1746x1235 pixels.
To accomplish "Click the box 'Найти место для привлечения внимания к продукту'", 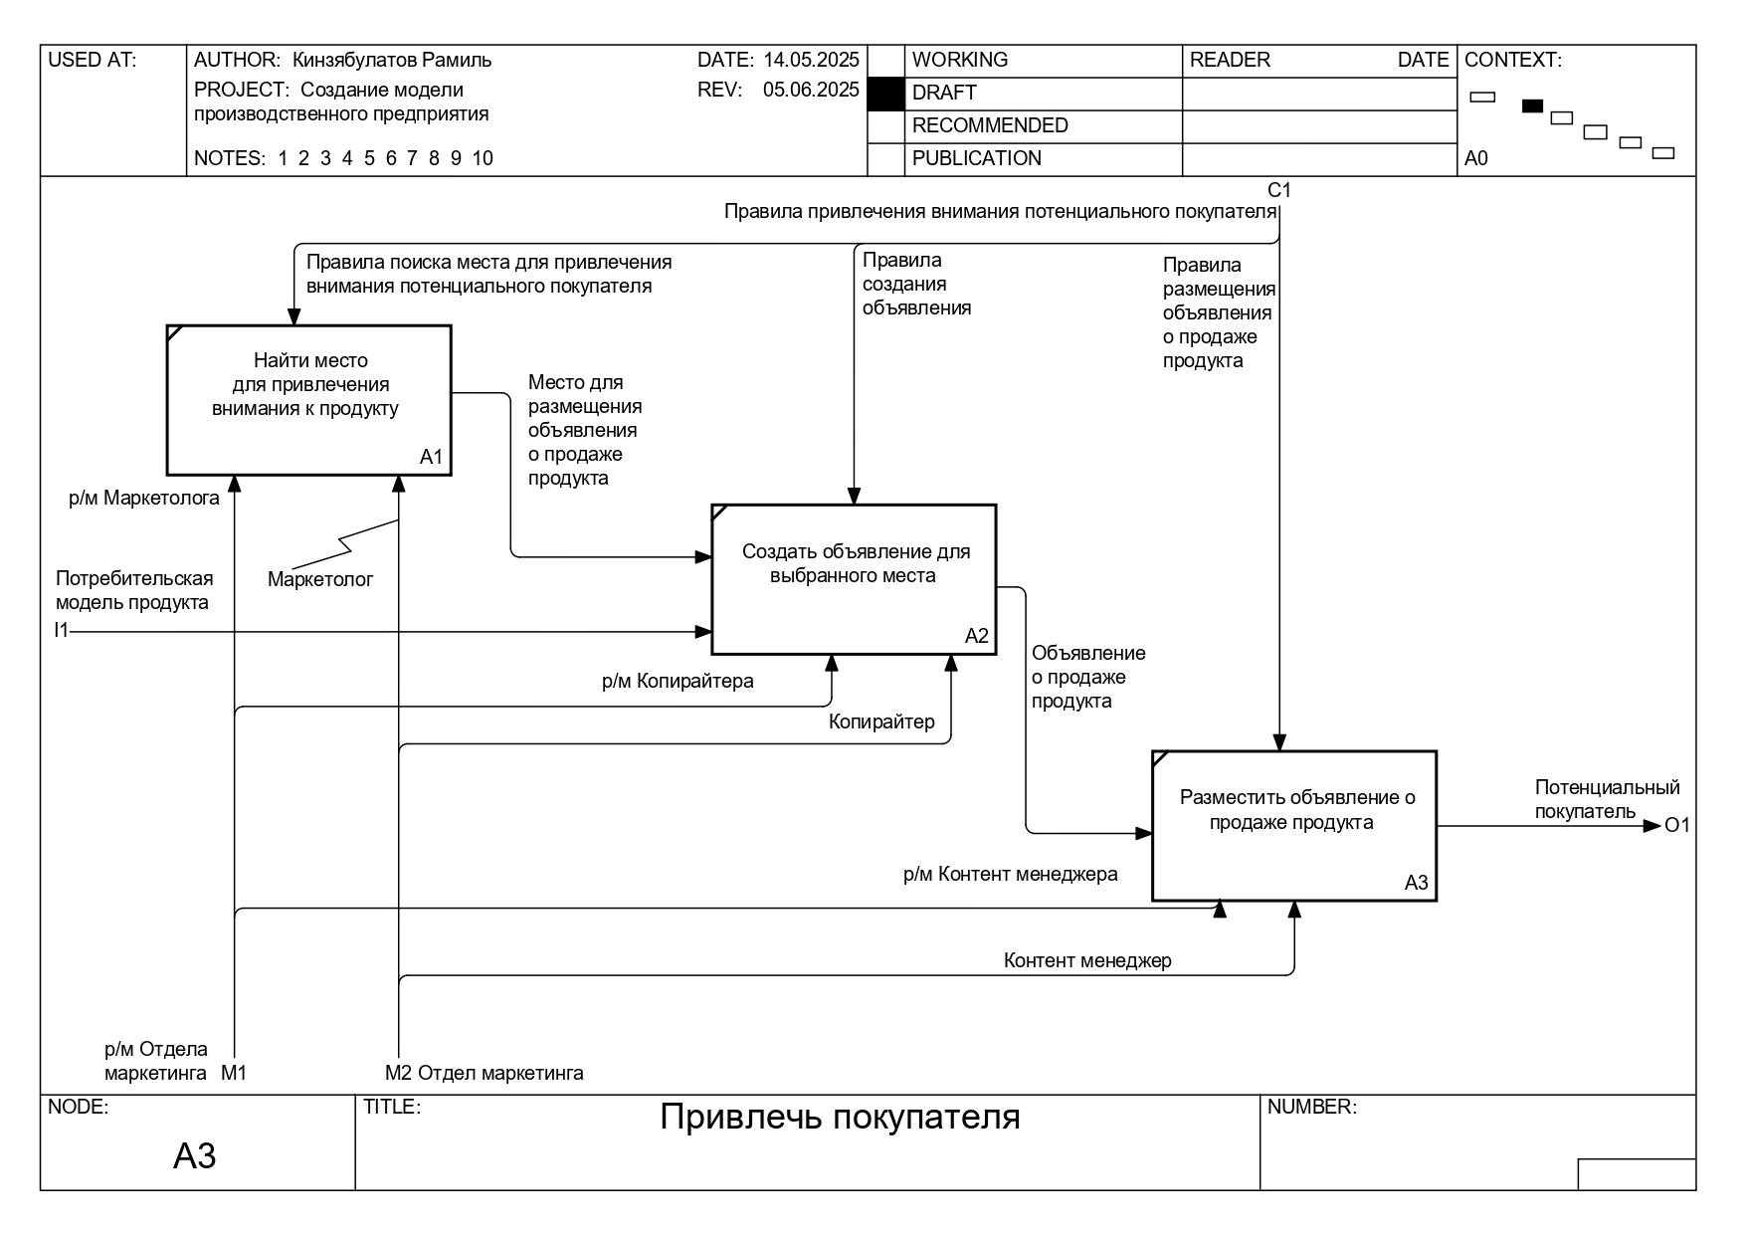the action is (x=308, y=400).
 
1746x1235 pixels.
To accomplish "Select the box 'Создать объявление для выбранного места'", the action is (x=854, y=579).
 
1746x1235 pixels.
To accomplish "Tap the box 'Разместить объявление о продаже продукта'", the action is (x=1294, y=826).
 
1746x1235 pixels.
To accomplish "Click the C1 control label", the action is (x=1278, y=190).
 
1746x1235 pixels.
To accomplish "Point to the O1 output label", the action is (x=1677, y=825).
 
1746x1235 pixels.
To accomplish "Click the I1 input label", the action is (x=62, y=630).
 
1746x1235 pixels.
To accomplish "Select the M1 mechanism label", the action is (x=234, y=1073).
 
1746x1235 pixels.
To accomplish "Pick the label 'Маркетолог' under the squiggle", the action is (x=320, y=579).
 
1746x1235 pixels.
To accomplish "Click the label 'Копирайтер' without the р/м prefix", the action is (x=881, y=721).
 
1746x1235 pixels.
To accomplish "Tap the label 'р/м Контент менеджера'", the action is (x=1010, y=874).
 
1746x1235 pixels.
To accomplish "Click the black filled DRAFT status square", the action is (x=885, y=94).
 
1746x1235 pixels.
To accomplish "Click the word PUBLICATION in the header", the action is (x=977, y=158).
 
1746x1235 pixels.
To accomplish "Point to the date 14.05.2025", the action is (x=811, y=60).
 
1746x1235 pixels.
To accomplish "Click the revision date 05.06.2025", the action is (x=811, y=90).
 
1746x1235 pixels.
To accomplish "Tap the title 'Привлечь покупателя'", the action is (x=841, y=1118).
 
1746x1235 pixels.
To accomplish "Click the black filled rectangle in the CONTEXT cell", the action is (x=1532, y=105).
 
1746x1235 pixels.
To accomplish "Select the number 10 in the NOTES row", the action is (x=483, y=158).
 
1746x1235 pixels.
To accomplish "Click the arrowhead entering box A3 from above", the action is (x=1279, y=742).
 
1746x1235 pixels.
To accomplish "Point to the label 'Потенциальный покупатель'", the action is (x=1607, y=800).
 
